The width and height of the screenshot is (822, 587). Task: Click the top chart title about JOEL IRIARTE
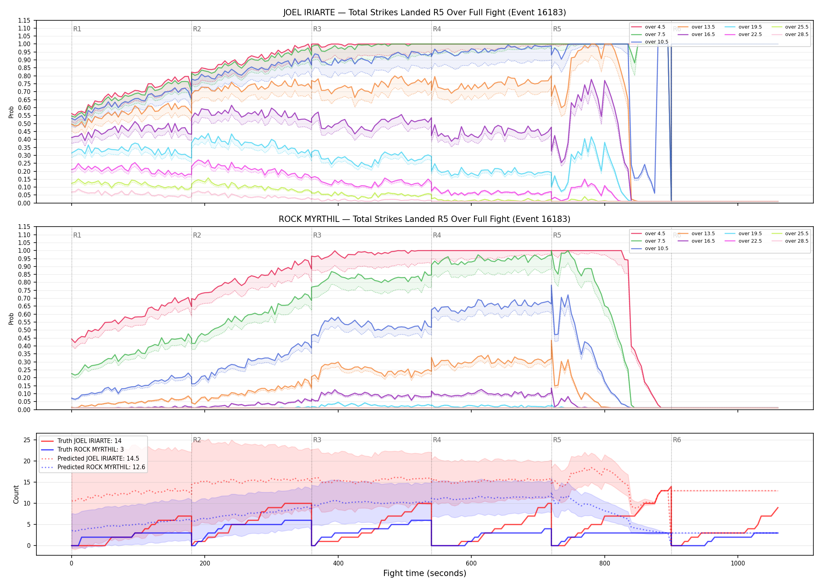[425, 13]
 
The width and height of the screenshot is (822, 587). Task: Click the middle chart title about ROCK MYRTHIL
[425, 219]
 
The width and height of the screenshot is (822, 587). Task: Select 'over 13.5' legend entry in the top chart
[696, 27]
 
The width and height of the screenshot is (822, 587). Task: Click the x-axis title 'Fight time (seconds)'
[425, 573]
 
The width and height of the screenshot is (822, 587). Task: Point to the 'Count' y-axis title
[16, 494]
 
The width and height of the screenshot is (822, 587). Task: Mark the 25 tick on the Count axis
[27, 440]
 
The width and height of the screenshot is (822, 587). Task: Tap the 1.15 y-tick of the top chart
[24, 20]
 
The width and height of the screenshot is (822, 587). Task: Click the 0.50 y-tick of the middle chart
[24, 330]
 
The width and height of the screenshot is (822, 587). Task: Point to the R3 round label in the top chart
[317, 29]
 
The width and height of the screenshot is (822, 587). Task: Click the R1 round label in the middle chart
[77, 235]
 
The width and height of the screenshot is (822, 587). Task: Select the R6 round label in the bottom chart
[677, 440]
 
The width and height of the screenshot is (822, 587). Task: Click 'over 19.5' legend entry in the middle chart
[743, 234]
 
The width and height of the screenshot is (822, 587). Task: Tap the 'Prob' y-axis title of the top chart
[11, 112]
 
